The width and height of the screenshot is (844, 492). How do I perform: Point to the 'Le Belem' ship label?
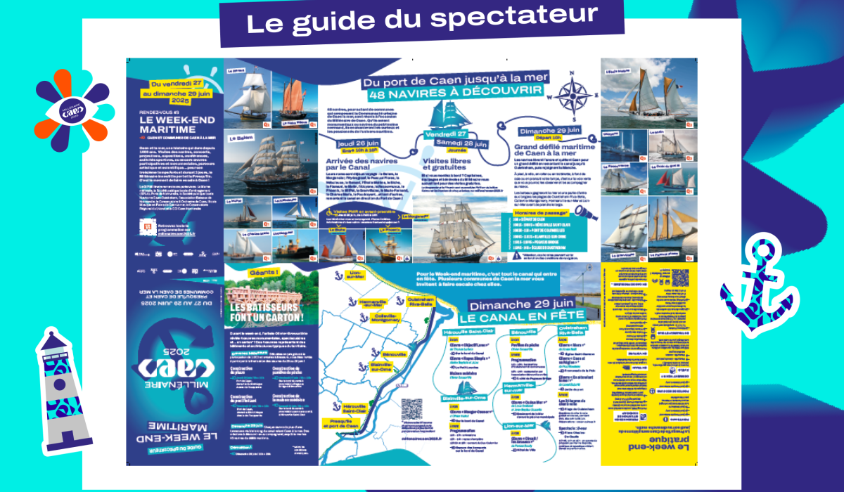tap(240, 140)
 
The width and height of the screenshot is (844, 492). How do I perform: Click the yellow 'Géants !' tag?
tap(250, 272)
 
